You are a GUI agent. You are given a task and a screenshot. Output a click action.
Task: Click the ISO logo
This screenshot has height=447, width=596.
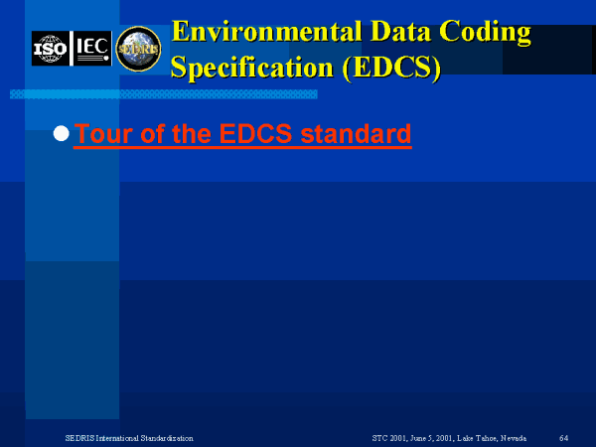coord(51,49)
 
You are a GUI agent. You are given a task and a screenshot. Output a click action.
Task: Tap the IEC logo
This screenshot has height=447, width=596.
coord(92,49)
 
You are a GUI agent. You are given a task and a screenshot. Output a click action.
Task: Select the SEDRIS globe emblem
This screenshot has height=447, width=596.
coord(138,49)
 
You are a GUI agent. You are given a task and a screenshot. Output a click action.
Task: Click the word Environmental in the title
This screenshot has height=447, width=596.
coord(266,32)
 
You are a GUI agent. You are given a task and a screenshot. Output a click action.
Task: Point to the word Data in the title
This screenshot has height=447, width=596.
coord(400,32)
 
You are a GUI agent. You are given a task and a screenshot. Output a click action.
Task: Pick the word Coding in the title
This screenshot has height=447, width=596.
coord(486,33)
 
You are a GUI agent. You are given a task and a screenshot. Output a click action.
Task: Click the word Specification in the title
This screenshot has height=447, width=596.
coord(252,68)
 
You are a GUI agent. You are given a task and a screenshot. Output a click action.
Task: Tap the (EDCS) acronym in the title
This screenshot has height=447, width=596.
coord(391,68)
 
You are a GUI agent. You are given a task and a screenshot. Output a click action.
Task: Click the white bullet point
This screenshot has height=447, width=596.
coord(62,133)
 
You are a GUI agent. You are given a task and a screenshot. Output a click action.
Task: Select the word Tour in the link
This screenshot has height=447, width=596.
coord(104,133)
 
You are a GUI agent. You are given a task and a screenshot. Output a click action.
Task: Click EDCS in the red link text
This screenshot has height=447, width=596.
coord(255,133)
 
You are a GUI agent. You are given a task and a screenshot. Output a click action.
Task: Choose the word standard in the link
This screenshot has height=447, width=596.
coord(356,133)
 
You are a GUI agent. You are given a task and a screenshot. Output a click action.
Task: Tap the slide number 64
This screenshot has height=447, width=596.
coord(563,438)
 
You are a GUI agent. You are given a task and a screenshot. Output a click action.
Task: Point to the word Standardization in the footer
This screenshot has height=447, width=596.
coord(167,438)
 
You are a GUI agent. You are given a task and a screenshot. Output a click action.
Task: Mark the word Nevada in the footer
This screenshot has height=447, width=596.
coord(514,438)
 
